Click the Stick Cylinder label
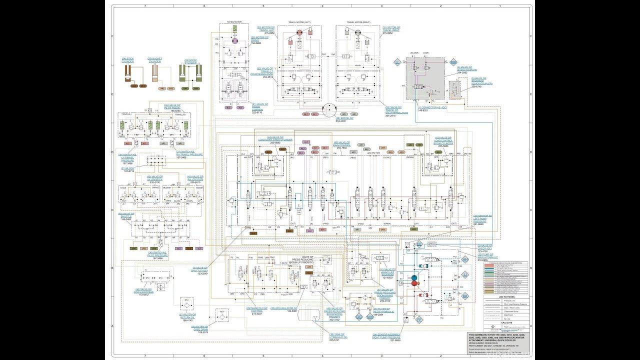(x=126, y=60)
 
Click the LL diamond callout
(x=397, y=62)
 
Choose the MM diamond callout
(x=453, y=62)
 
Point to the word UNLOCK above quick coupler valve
(x=414, y=52)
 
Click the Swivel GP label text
(x=344, y=119)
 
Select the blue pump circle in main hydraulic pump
(x=414, y=276)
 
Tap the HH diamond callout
(x=464, y=259)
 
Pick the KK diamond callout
(x=464, y=296)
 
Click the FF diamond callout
(x=419, y=319)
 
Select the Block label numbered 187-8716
(x=129, y=169)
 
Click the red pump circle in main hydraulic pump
(x=415, y=283)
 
